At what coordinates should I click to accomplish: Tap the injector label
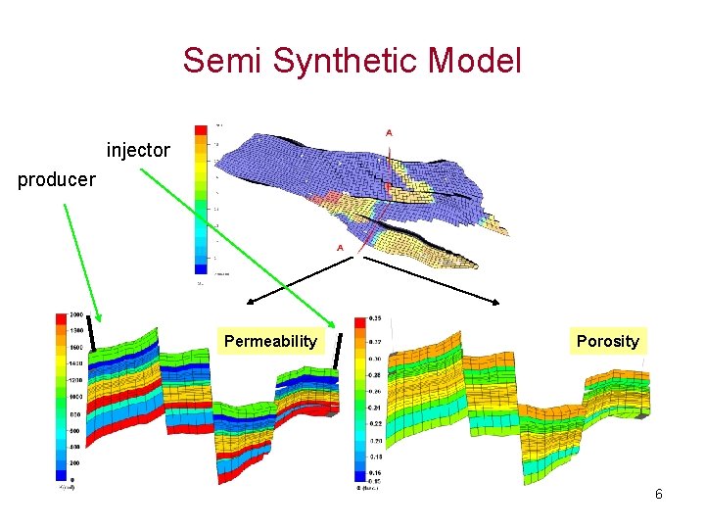click(138, 151)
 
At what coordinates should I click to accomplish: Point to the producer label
click(57, 179)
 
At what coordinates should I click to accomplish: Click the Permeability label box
click(271, 341)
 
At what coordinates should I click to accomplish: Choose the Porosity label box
click(607, 341)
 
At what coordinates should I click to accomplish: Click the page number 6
click(659, 494)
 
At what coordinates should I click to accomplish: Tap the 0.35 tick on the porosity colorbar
click(375, 319)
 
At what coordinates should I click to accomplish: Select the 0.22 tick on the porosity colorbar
click(375, 423)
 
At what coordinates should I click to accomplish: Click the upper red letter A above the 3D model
click(390, 133)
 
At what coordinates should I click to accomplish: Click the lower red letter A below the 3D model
click(340, 248)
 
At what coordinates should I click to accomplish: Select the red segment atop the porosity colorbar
click(360, 321)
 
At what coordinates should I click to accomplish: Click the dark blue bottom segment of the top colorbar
click(201, 266)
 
